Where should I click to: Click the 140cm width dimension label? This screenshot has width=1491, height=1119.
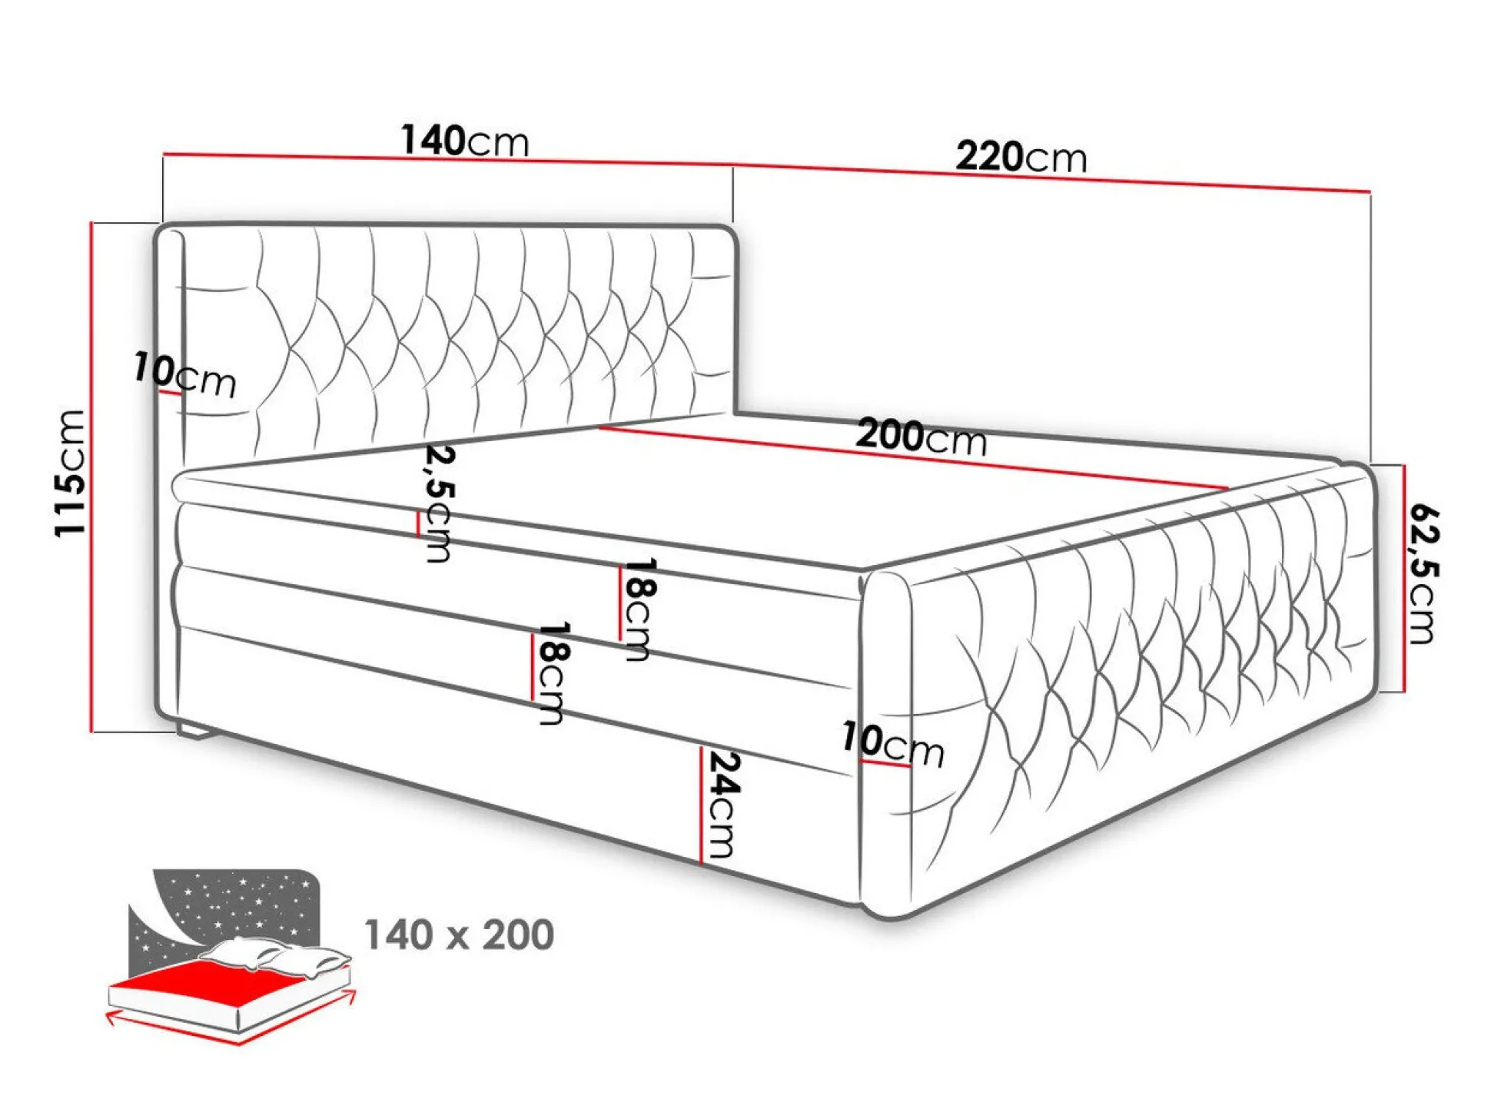[464, 141]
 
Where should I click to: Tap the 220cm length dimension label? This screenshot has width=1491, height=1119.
[1021, 157]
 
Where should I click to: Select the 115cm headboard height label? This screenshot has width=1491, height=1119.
[70, 473]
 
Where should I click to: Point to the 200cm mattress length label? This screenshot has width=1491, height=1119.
[920, 437]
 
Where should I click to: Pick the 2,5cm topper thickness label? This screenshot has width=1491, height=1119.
[439, 503]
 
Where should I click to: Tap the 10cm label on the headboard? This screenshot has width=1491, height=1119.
[184, 375]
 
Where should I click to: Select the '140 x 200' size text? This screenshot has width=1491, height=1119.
[459, 935]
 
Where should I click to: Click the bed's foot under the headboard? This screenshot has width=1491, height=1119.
[194, 729]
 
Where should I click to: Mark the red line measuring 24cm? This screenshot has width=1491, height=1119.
[701, 804]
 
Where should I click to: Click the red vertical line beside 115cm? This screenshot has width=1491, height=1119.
[91, 476]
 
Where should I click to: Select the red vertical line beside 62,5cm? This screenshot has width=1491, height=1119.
[1403, 578]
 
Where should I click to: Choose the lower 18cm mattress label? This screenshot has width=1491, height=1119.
[552, 673]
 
